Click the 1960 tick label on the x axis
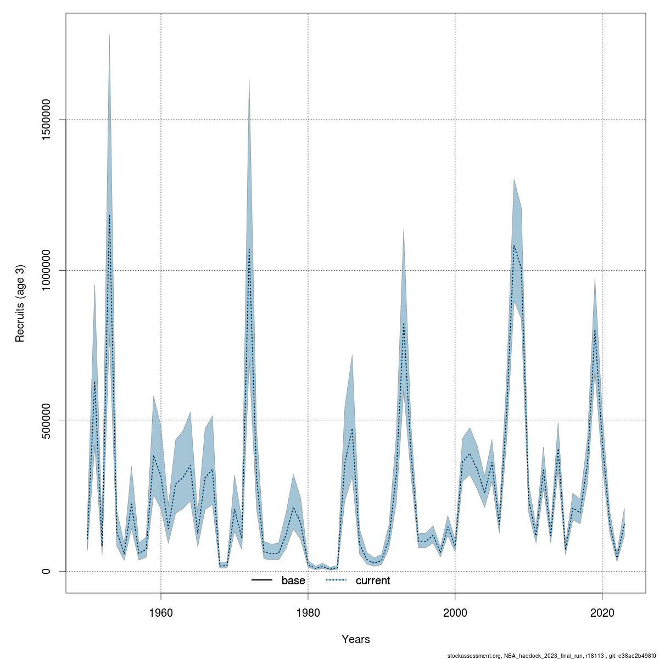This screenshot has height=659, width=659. click(161, 611)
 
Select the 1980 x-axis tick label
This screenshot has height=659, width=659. click(308, 611)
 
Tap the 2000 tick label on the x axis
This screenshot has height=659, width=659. click(455, 611)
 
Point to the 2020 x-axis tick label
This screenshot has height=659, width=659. click(602, 611)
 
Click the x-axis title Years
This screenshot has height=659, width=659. click(356, 639)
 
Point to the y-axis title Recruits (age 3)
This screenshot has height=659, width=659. click(20, 304)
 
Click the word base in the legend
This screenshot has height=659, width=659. click(293, 580)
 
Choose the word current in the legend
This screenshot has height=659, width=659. click(373, 580)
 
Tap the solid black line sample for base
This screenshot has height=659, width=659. click(262, 580)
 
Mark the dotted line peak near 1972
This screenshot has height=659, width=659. click(249, 248)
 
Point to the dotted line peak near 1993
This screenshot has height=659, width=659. click(404, 323)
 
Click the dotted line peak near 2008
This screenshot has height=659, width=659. click(514, 245)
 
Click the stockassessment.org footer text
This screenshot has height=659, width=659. click(552, 655)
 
